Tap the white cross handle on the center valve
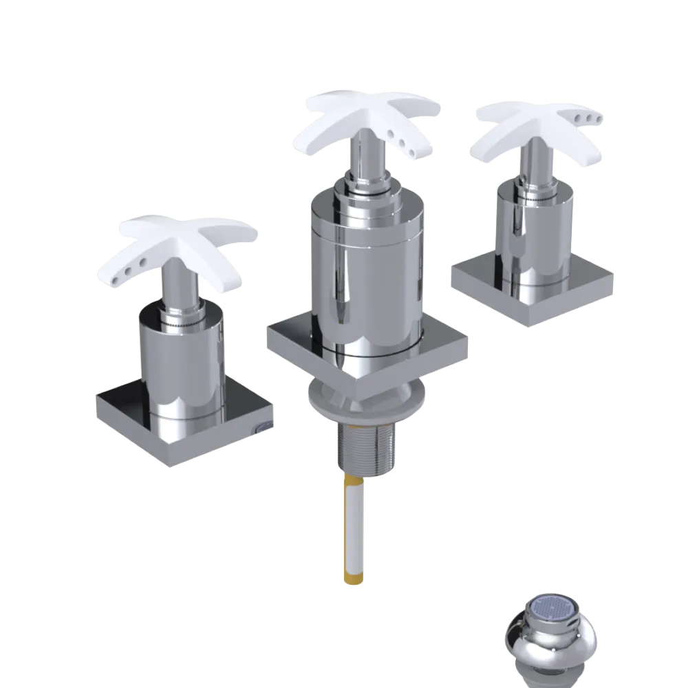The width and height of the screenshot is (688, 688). [x=372, y=117]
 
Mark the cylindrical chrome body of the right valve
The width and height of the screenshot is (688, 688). [x=533, y=234]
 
